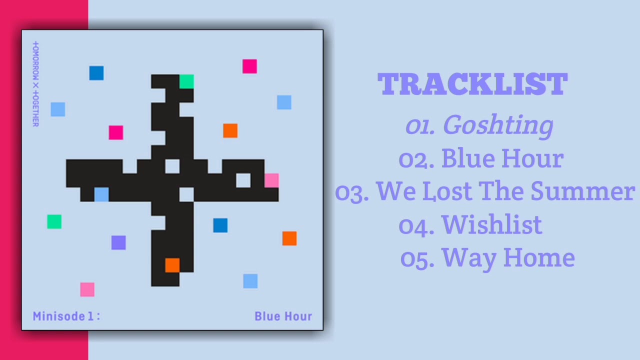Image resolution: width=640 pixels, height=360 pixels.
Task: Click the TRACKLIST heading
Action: click(472, 84)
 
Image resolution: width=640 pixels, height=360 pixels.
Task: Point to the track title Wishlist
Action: click(491, 224)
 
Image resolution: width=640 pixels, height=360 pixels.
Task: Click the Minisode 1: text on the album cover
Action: click(66, 316)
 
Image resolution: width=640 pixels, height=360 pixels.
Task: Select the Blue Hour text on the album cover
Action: click(283, 316)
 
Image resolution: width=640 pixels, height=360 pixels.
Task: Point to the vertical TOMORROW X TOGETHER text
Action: click(35, 83)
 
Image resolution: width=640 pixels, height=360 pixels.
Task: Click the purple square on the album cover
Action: click(118, 242)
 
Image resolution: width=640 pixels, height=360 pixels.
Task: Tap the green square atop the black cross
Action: click(186, 81)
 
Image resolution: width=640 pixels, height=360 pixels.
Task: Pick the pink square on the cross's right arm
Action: click(271, 180)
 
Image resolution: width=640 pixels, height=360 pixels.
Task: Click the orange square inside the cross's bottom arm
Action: click(172, 265)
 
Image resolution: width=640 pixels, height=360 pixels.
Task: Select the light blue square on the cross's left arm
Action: click(101, 194)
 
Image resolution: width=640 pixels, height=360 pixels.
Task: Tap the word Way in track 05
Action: click(469, 258)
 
